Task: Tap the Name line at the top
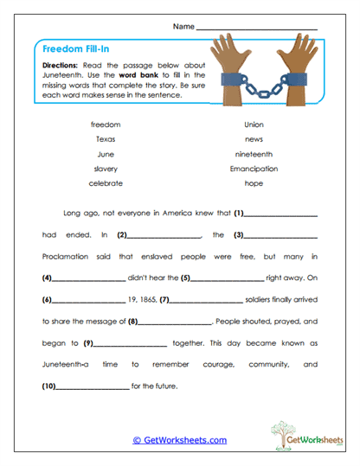pos(257,28)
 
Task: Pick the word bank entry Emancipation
pos(254,169)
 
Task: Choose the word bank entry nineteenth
pos(254,154)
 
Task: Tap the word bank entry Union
pos(254,124)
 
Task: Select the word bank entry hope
pos(254,183)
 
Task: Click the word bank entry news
pos(254,139)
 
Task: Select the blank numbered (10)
pos(90,385)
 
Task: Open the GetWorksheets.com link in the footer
pos(179,439)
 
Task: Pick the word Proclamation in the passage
pos(71,257)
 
